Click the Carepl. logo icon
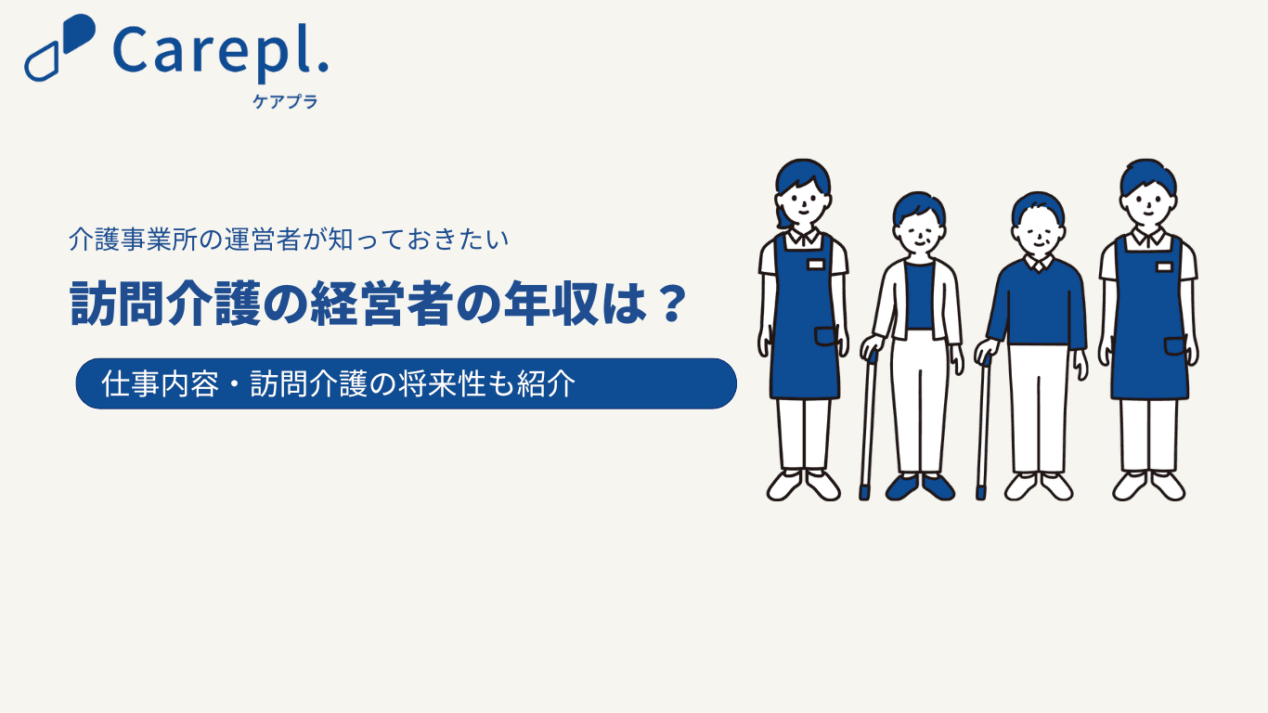pos(59,47)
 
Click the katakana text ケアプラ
pos(285,101)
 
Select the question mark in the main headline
pos(673,304)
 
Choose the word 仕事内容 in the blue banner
pos(161,384)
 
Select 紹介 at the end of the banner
pos(546,384)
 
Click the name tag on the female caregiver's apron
pos(816,265)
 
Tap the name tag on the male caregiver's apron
pos(1164,266)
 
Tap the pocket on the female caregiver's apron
pos(826,336)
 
